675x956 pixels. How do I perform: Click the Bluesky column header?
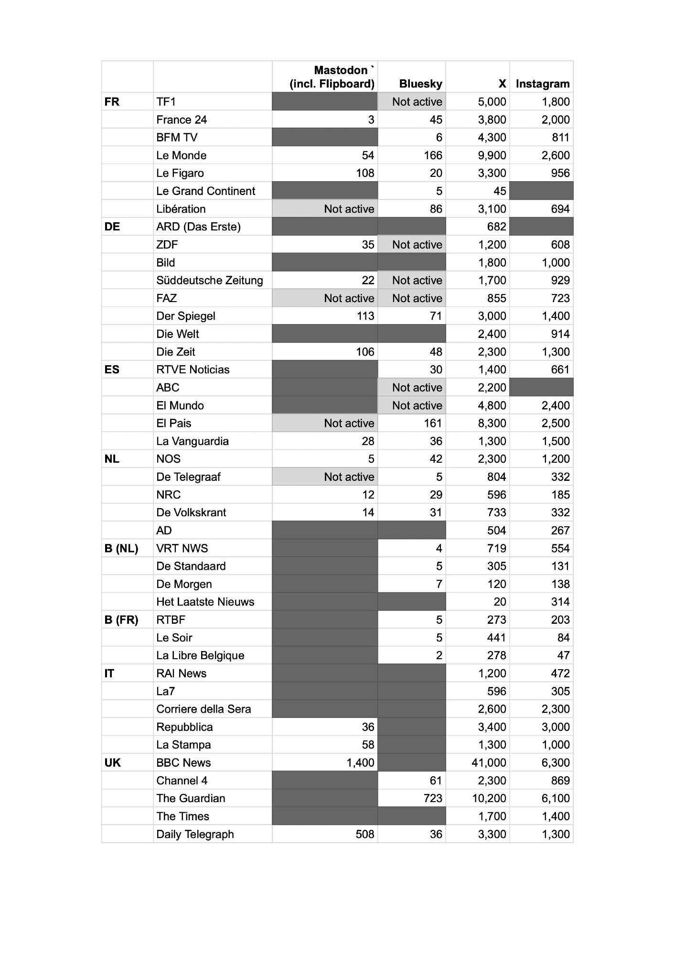(x=420, y=84)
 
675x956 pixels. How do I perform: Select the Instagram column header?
(x=542, y=84)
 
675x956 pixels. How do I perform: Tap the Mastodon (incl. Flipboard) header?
(x=332, y=77)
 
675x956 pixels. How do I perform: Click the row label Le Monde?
(x=181, y=155)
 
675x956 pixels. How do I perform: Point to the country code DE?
(x=112, y=227)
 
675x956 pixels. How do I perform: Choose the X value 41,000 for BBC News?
(x=489, y=762)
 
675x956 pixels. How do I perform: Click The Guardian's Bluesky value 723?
(x=432, y=798)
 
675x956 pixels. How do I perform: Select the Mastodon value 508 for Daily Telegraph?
(x=364, y=834)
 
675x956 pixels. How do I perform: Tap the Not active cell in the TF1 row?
(x=417, y=102)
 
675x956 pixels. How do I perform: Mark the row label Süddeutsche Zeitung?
(x=209, y=280)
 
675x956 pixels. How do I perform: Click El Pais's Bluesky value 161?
(x=432, y=423)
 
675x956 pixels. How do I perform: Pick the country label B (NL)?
(x=121, y=548)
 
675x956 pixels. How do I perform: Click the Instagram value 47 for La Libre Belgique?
(x=563, y=655)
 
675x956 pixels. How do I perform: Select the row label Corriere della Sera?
(x=204, y=709)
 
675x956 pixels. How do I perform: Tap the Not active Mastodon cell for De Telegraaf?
(x=349, y=477)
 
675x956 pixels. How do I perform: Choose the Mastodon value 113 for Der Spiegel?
(x=365, y=316)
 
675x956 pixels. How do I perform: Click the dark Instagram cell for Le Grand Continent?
(x=541, y=191)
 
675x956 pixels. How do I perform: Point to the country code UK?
(x=112, y=762)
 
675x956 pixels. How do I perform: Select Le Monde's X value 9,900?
(x=492, y=155)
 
